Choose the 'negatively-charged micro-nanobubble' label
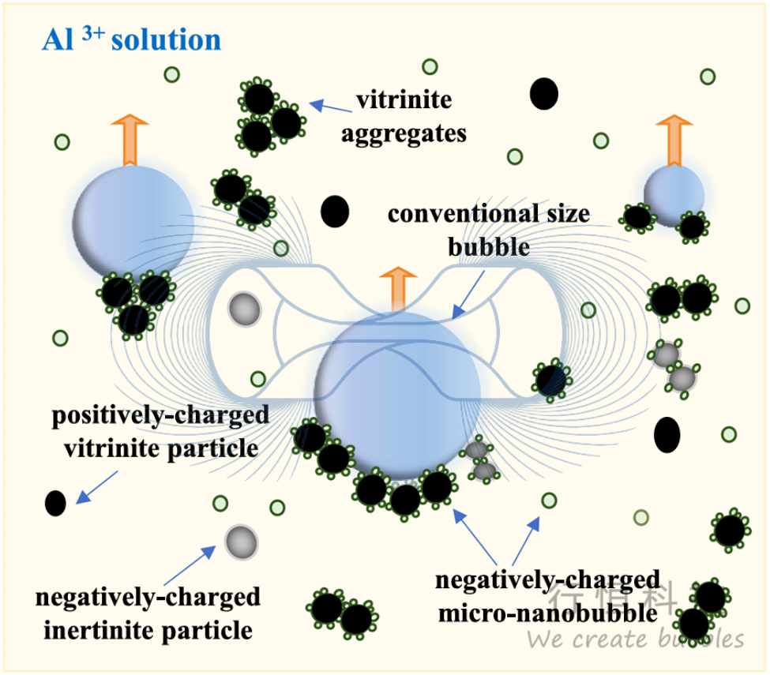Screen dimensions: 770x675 point(548,596)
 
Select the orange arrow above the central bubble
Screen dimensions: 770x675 point(397,288)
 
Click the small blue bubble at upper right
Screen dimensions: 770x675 point(674,194)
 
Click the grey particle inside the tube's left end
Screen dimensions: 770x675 point(244,309)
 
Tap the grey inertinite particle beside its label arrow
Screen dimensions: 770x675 point(241,542)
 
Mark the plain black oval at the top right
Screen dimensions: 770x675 point(544,94)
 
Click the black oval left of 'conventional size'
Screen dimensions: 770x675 point(335,211)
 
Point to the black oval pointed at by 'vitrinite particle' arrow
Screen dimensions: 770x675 point(55,502)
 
